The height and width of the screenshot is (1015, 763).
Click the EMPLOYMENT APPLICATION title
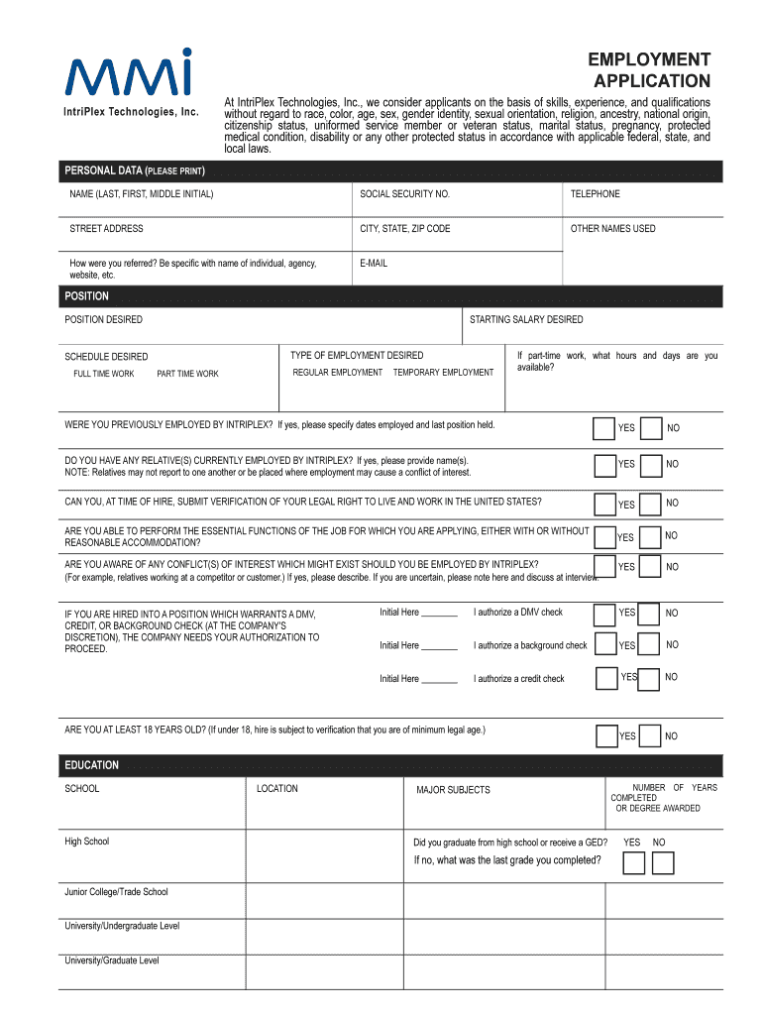[x=650, y=70]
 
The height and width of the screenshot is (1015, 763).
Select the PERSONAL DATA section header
[x=135, y=171]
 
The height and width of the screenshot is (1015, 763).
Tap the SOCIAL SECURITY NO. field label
[x=404, y=194]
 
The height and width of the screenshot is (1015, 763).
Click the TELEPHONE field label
[x=595, y=194]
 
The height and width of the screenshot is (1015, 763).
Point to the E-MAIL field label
[x=374, y=264]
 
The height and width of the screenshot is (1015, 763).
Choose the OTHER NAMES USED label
[x=612, y=229]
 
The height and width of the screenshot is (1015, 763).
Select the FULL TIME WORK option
[x=103, y=375]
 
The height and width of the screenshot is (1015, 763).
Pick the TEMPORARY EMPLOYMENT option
[x=443, y=373]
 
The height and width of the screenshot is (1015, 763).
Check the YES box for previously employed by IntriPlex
[x=603, y=428]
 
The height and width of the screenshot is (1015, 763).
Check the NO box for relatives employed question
[x=651, y=465]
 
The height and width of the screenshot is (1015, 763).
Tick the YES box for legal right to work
[x=603, y=504]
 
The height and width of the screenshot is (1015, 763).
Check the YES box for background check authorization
[x=603, y=645]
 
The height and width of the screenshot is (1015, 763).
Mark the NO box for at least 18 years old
[x=651, y=736]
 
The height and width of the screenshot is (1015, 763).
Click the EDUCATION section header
[x=92, y=765]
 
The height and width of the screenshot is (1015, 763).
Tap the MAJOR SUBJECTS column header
[x=453, y=790]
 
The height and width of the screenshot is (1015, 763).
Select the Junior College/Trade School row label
[x=116, y=892]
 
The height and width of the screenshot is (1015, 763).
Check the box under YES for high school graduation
[x=633, y=863]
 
